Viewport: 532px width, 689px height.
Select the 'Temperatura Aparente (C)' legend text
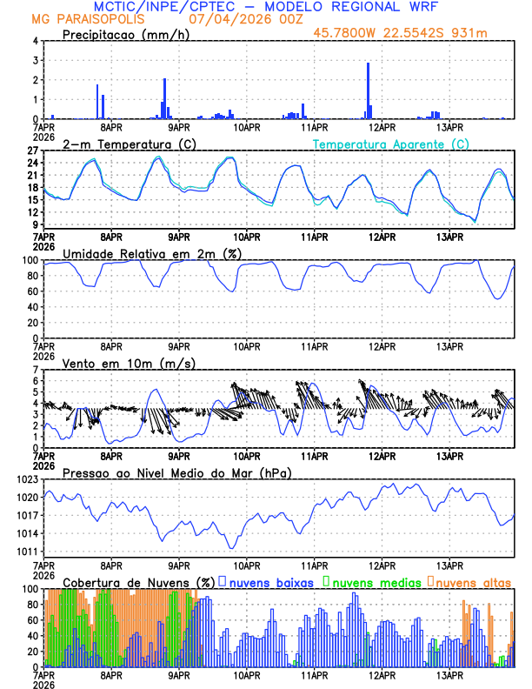click(391, 144)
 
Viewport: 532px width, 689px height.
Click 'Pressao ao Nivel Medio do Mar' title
click(176, 472)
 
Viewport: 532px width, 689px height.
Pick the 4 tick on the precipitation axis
click(35, 41)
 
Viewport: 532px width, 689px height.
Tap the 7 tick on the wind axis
click(35, 370)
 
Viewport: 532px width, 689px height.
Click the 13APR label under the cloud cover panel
click(449, 674)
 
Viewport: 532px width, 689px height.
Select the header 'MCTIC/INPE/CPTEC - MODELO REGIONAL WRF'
click(258, 7)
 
